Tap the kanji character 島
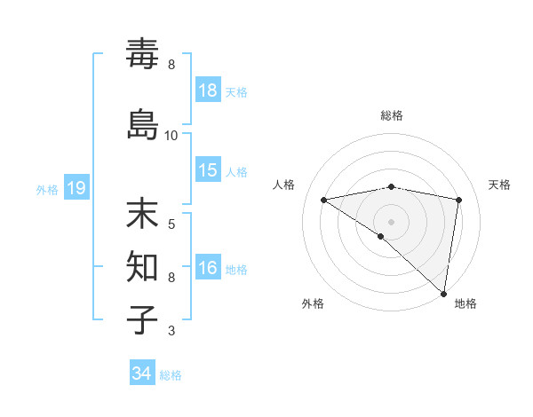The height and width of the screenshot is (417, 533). tap(143, 124)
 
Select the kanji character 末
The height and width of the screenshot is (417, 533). tap(143, 216)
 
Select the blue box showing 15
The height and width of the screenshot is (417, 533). tap(208, 171)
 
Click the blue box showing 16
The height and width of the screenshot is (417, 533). tap(208, 269)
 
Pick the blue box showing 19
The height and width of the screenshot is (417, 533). tap(76, 188)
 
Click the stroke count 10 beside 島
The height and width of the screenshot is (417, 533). tap(171, 136)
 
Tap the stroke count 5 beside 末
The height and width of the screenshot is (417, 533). tap(171, 224)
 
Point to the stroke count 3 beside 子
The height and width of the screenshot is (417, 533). tap(171, 331)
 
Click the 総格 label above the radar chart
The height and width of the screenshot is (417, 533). tap(392, 115)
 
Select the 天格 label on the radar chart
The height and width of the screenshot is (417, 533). tap(499, 185)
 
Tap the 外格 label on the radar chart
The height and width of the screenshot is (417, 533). tap(313, 304)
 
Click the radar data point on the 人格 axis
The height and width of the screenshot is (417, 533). tap(324, 200)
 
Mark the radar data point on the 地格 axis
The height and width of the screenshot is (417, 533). tap(444, 293)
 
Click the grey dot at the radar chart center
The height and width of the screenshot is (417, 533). tap(392, 221)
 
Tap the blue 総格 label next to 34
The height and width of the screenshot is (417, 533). tap(171, 375)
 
